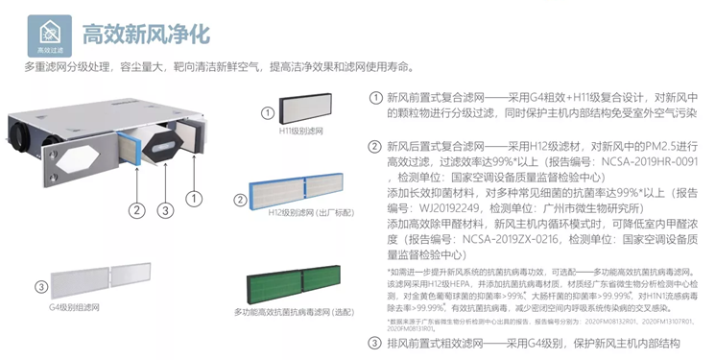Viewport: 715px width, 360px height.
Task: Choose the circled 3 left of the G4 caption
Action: (40, 286)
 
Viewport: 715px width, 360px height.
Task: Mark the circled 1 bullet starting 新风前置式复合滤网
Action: (374, 97)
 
